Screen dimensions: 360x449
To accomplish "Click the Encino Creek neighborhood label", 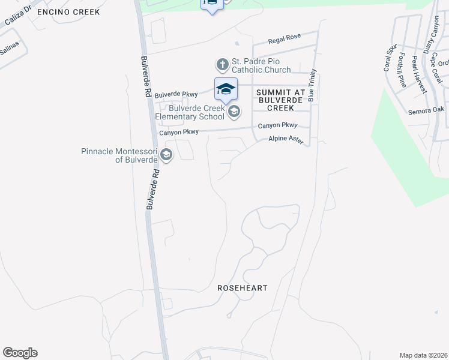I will (68, 12).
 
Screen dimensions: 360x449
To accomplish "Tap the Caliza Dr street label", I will (17, 22).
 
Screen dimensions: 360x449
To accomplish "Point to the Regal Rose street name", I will (284, 37).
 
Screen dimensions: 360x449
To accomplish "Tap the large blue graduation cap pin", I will (226, 89).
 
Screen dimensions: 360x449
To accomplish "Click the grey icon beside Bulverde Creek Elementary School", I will (234, 111).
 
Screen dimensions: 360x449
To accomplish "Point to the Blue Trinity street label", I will (312, 88).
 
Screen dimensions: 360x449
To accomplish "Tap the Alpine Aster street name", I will (286, 139).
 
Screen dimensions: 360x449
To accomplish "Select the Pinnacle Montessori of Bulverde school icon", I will (166, 155).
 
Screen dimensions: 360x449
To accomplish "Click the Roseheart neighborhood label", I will (243, 288).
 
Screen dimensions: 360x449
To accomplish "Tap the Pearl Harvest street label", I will (418, 77).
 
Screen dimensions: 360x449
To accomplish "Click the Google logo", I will (20, 353).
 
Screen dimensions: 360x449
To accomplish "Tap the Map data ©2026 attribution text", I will (423, 355).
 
